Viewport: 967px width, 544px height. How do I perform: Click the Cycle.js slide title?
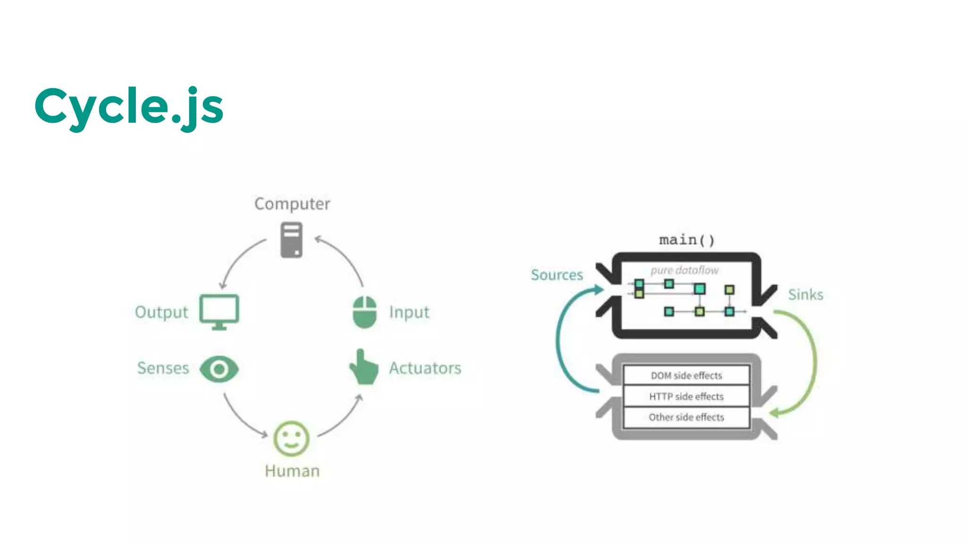tap(128, 107)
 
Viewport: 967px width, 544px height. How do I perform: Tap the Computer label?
tap(292, 204)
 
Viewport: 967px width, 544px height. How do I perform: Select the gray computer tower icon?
tap(291, 240)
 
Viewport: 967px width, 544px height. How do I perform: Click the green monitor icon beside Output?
tap(219, 312)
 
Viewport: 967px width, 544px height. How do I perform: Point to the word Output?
tap(161, 312)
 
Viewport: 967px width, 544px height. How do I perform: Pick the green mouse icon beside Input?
tap(365, 312)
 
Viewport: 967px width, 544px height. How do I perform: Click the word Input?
tap(409, 312)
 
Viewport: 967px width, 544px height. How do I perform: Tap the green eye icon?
tap(219, 369)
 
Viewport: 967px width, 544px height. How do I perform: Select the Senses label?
tap(163, 368)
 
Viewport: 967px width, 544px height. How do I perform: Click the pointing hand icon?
tap(364, 367)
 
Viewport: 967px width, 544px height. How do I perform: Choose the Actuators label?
tap(425, 368)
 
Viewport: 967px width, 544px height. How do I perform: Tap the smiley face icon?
tap(291, 439)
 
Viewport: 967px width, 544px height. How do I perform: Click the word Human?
tap(292, 471)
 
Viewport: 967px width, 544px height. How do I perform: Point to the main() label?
tap(687, 240)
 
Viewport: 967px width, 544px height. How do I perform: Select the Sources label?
tap(557, 275)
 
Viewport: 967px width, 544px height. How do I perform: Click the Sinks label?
tap(806, 295)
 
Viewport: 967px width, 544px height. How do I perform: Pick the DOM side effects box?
tap(686, 375)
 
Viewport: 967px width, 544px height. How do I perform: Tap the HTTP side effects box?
tap(686, 396)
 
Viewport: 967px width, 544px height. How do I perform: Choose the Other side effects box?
tap(686, 417)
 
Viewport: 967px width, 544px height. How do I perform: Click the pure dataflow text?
tap(684, 270)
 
